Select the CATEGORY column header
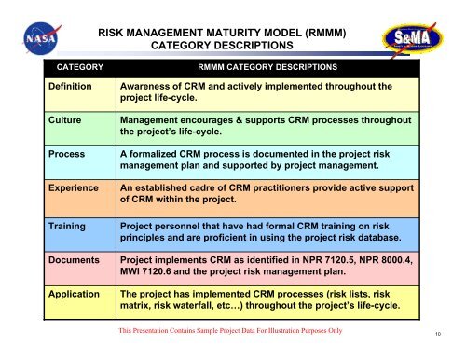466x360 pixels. point(79,68)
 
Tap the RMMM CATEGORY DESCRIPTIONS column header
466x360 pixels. point(267,68)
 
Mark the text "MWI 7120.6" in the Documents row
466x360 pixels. point(155,275)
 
